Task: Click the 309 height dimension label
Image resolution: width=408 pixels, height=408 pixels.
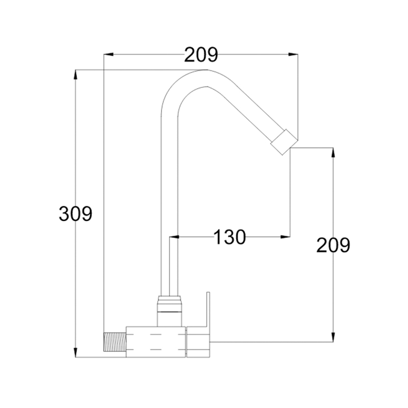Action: [x=75, y=214]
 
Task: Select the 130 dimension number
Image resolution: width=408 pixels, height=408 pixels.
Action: [x=229, y=237]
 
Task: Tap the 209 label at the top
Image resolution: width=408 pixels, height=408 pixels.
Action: [x=201, y=55]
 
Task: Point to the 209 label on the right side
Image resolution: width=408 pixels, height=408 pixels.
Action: [x=333, y=245]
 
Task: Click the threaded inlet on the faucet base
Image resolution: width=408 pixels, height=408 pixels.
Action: [x=115, y=342]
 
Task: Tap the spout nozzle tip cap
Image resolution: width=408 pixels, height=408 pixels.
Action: [x=284, y=142]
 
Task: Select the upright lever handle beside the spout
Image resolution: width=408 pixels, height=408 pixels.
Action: [x=208, y=310]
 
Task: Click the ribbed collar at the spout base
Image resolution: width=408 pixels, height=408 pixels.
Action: [x=169, y=303]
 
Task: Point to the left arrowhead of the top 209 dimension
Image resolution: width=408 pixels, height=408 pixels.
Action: [x=109, y=55]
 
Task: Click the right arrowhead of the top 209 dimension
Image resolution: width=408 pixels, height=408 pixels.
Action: [x=293, y=55]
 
